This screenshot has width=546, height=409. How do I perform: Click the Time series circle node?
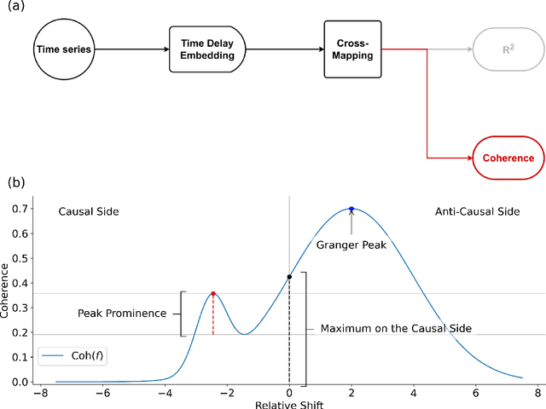62,49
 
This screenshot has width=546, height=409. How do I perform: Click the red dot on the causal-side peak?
213,293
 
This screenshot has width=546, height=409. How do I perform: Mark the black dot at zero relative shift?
289,277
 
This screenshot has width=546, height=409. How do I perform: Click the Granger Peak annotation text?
351,245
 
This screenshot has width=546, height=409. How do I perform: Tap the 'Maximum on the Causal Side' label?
396,328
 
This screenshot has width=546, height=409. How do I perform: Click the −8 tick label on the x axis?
38,394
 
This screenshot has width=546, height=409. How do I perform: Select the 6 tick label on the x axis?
476,394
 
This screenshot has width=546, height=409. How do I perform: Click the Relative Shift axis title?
288,404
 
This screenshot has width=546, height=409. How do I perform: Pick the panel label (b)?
15,182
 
